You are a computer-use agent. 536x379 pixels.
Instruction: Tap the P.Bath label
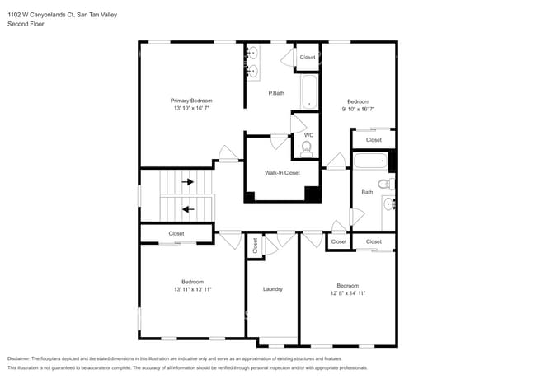tap(276, 93)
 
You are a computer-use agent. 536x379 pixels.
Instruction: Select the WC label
tap(308, 135)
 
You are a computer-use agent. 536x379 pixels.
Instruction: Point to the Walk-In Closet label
tap(282, 173)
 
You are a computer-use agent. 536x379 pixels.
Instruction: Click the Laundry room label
tap(273, 289)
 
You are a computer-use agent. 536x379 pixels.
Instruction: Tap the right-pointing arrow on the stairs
tap(188, 181)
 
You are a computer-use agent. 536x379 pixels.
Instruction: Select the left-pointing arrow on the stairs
tap(188, 209)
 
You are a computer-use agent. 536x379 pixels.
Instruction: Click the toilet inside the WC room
tap(307, 148)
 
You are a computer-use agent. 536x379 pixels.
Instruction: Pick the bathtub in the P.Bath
tap(308, 92)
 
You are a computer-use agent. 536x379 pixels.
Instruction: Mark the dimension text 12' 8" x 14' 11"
tap(347, 292)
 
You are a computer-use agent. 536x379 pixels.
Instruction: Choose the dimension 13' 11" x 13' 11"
tap(193, 289)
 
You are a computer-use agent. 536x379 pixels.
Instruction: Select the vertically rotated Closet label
tap(255, 245)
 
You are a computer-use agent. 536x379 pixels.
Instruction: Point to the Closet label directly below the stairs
tap(176, 234)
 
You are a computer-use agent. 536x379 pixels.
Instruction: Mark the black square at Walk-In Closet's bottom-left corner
tap(250, 196)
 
